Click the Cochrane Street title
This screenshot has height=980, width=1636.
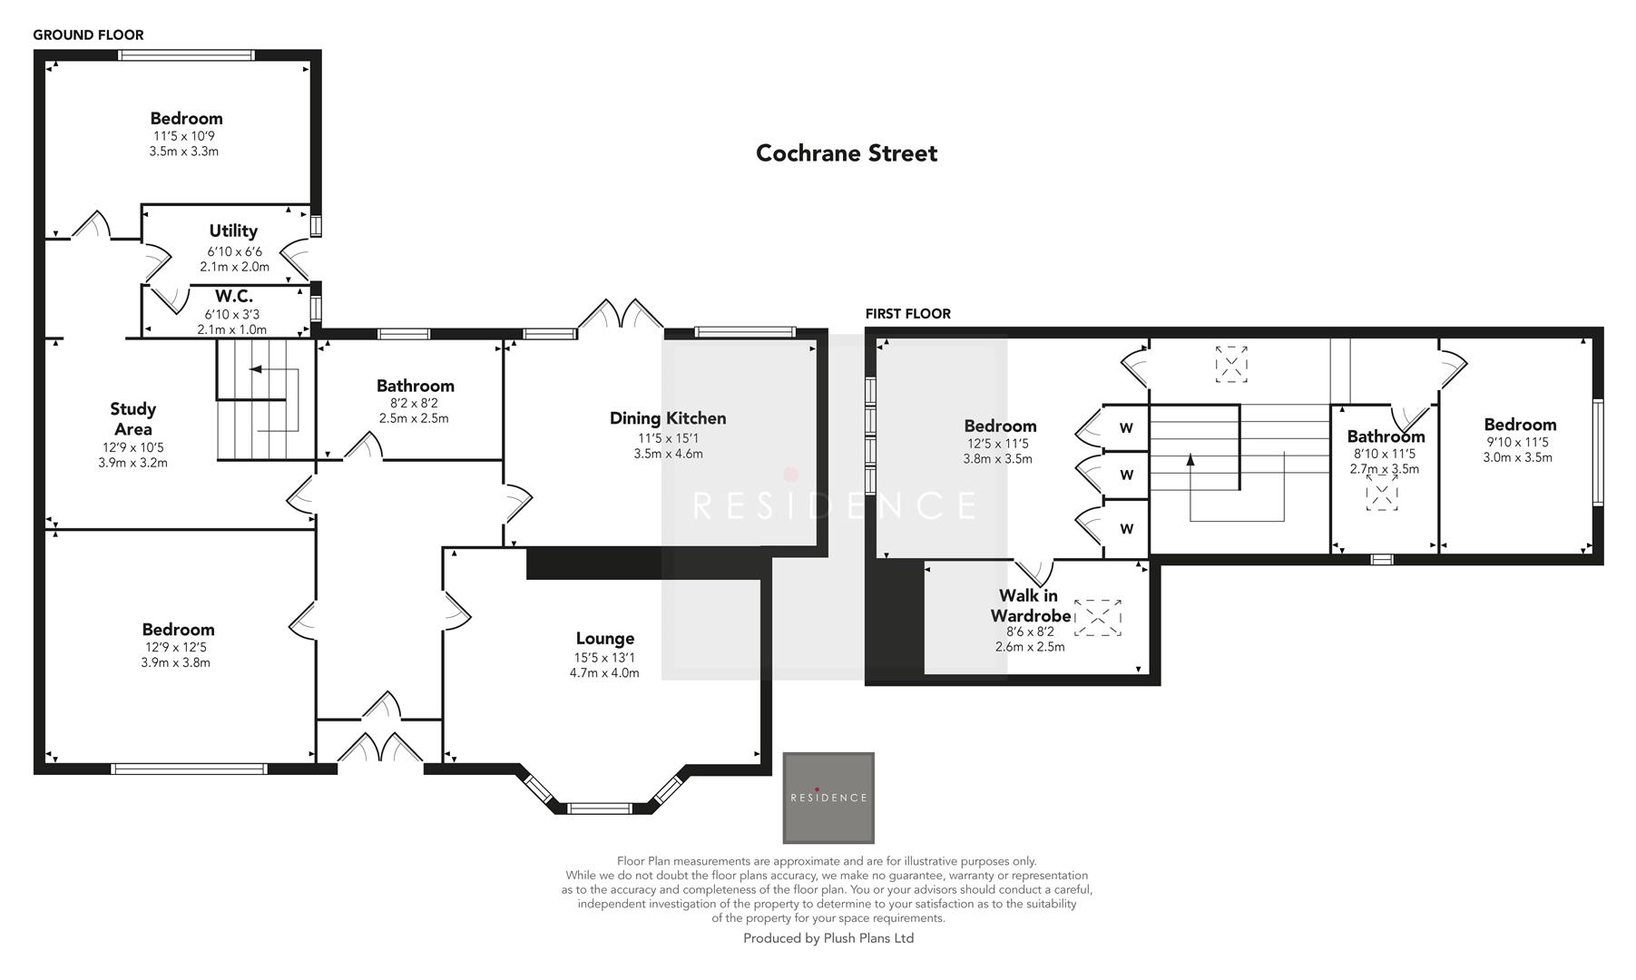pyautogui.click(x=846, y=153)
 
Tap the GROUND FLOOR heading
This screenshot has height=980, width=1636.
pyautogui.click(x=88, y=35)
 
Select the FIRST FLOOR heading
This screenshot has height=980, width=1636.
pyautogui.click(x=907, y=314)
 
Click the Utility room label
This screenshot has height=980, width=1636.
pyautogui.click(x=233, y=231)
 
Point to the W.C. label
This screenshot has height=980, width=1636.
pyautogui.click(x=233, y=297)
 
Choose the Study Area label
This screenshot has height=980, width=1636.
pyautogui.click(x=132, y=419)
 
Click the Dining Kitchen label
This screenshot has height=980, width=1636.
pyautogui.click(x=668, y=418)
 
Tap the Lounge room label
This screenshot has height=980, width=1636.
pyautogui.click(x=604, y=639)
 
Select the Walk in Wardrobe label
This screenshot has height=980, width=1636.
pyautogui.click(x=1029, y=605)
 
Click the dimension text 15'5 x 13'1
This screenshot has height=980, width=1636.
pyautogui.click(x=604, y=657)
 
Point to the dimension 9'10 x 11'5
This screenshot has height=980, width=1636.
pyautogui.click(x=1517, y=443)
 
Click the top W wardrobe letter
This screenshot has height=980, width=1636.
pyautogui.click(x=1126, y=428)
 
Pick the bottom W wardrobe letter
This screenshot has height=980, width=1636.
pyautogui.click(x=1126, y=529)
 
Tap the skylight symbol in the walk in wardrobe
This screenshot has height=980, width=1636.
pyautogui.click(x=1098, y=617)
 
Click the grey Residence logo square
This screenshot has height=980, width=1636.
pyautogui.click(x=828, y=798)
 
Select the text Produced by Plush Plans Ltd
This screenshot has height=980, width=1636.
pyautogui.click(x=828, y=938)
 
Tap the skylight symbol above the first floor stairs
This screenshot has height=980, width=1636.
pyautogui.click(x=1231, y=363)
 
